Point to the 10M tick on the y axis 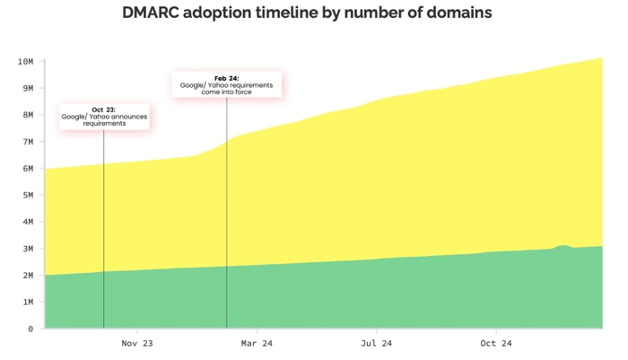coord(25,61)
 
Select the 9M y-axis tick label coord(27,88)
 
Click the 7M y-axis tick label coord(27,142)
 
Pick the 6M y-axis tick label coord(27,169)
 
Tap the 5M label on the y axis coord(27,195)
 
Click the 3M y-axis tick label coord(27,249)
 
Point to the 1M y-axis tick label coord(27,303)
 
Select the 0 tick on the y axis coord(31,329)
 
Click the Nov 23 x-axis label coord(137,343)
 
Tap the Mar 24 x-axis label coord(257,343)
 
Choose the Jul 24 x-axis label coord(376,343)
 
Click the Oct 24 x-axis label coord(495,343)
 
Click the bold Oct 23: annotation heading coord(103,110)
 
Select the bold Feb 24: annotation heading coord(226,77)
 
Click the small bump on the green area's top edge coord(563,246)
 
